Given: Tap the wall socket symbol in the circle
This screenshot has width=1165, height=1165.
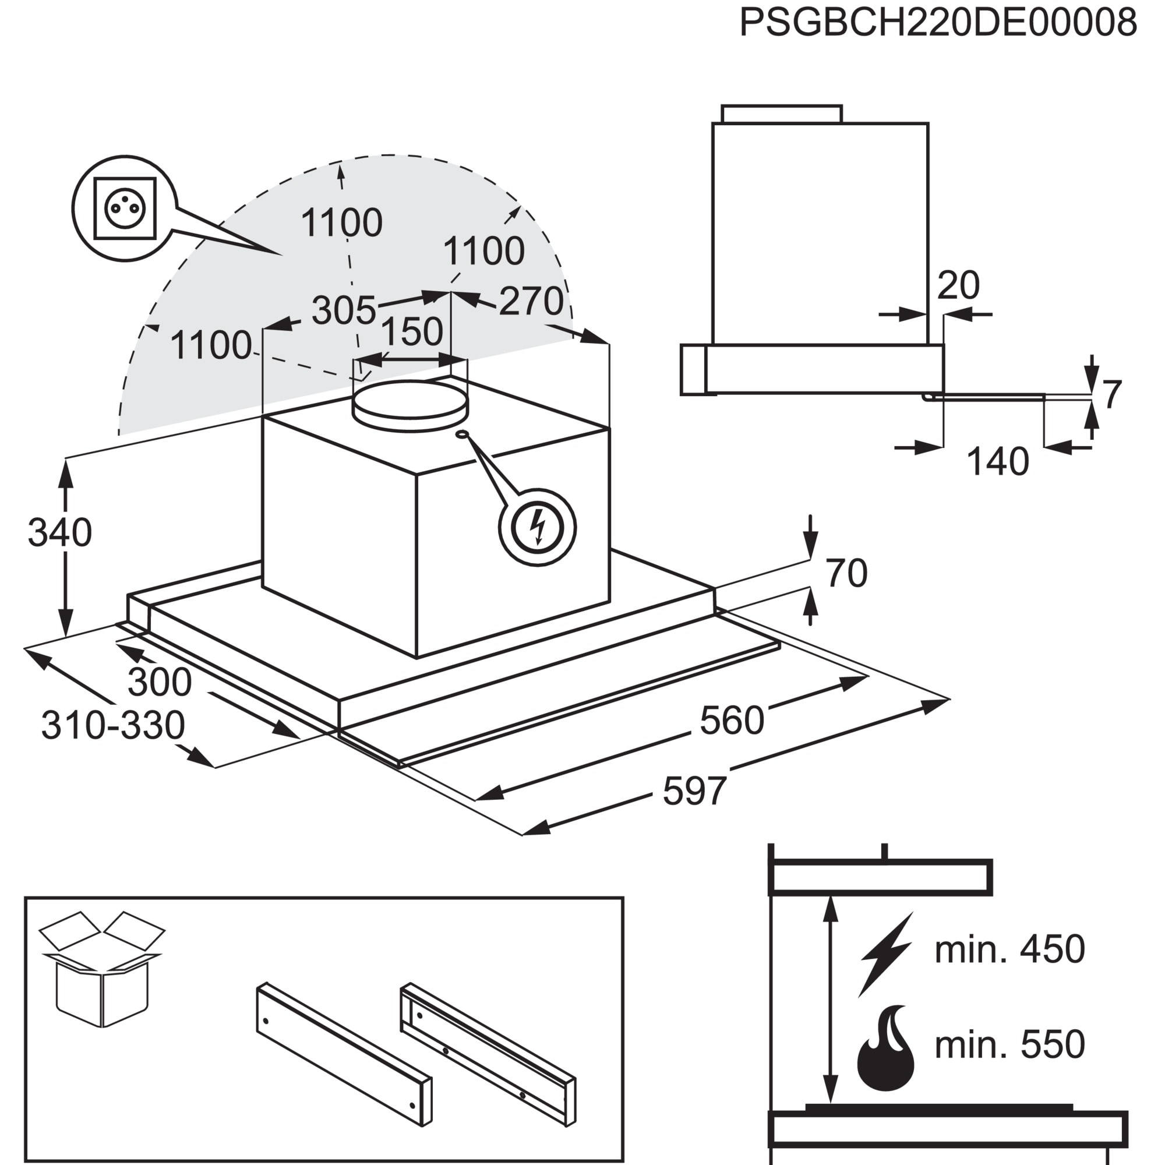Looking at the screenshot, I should pyautogui.click(x=125, y=209).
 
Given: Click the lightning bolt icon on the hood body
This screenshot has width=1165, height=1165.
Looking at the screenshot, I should pyautogui.click(x=537, y=528).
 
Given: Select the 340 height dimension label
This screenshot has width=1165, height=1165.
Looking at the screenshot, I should pyautogui.click(x=59, y=533).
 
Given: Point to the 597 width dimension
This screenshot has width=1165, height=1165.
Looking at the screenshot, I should pyautogui.click(x=695, y=792).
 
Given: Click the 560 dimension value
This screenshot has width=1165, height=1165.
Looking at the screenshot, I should pyautogui.click(x=732, y=720).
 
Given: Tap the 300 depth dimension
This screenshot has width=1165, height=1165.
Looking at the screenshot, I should pyautogui.click(x=159, y=682).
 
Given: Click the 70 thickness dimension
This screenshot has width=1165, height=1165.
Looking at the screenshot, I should pyautogui.click(x=846, y=573).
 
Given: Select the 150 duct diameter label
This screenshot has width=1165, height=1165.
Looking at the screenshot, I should pyautogui.click(x=412, y=331).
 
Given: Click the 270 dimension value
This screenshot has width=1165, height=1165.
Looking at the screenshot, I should pyautogui.click(x=531, y=301).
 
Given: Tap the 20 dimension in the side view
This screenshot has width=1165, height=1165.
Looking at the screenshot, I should pyautogui.click(x=958, y=285).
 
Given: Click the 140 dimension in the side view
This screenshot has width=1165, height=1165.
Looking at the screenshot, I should pyautogui.click(x=997, y=462).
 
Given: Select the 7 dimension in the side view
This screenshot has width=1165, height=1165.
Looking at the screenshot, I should pyautogui.click(x=1112, y=394).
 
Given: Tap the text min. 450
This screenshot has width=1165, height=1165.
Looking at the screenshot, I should pyautogui.click(x=1009, y=948).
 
